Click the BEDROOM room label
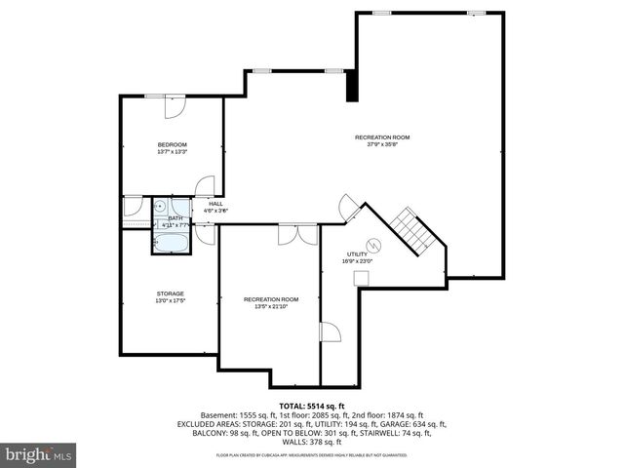click(172, 144)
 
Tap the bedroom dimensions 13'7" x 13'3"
click(172, 152)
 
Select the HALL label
click(215, 203)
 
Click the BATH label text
click(175, 218)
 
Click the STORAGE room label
click(171, 293)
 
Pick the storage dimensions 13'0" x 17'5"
click(171, 300)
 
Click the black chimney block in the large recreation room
click(352, 85)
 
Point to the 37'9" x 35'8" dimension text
click(381, 144)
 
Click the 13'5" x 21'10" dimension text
click(271, 306)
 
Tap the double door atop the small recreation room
click(296, 235)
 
